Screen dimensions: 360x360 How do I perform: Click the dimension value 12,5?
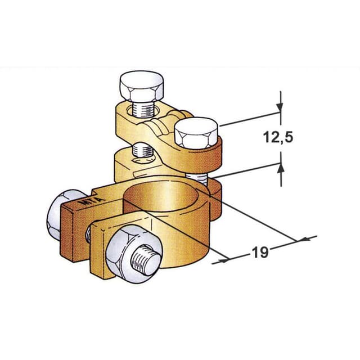tap(278, 137)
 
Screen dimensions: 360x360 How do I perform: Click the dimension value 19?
tap(260, 252)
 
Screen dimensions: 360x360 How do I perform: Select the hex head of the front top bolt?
tap(196, 133)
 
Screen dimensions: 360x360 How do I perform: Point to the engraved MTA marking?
tap(91, 201)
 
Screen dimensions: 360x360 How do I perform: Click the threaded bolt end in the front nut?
tap(145, 259)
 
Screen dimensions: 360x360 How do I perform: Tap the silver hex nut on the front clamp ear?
tap(134, 254)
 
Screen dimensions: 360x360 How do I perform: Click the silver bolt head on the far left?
tap(61, 215)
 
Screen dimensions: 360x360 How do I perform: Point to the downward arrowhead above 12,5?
tap(280, 107)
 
